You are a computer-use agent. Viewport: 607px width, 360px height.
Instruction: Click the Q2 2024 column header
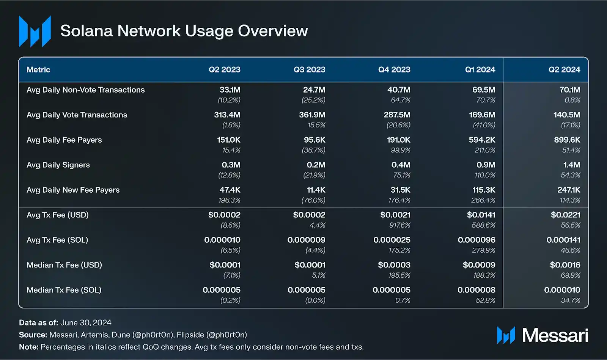click(x=564, y=70)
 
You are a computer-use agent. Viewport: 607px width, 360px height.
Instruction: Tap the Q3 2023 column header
click(x=309, y=70)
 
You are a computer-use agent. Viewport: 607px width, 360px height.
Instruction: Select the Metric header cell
click(x=38, y=70)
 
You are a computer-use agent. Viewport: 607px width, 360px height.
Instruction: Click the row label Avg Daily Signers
click(x=58, y=165)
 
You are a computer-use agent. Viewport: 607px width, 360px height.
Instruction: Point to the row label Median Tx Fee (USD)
click(x=64, y=265)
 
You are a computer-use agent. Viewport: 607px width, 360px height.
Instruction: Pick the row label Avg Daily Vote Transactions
click(x=77, y=115)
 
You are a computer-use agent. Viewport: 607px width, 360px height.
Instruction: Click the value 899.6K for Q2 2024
click(x=567, y=140)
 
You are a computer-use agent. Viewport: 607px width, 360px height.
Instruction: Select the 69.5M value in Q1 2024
click(x=483, y=90)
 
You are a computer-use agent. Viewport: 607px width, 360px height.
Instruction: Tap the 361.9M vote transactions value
click(x=312, y=115)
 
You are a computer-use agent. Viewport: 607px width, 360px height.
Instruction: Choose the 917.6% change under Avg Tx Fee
click(x=399, y=225)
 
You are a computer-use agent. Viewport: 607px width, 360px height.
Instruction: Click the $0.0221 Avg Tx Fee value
click(x=565, y=215)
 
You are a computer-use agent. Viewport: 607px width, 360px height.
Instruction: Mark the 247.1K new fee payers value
click(x=569, y=190)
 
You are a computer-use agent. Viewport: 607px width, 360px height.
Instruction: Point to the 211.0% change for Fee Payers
click(x=484, y=150)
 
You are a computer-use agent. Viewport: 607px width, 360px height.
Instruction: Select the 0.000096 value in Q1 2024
click(x=476, y=240)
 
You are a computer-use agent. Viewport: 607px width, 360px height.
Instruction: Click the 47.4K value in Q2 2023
click(x=230, y=190)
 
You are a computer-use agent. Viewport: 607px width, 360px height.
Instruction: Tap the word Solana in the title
click(x=86, y=31)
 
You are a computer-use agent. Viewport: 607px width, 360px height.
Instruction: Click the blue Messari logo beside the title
click(x=35, y=31)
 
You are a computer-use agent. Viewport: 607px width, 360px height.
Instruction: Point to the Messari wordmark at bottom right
click(x=555, y=335)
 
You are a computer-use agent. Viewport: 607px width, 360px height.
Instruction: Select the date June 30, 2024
click(x=86, y=323)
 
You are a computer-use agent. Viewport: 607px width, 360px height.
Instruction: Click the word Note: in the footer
click(x=29, y=347)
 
